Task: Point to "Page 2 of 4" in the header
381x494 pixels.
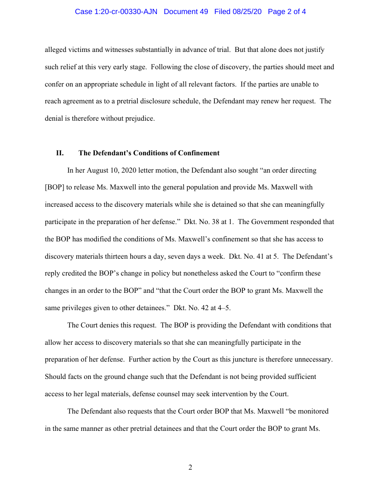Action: [287, 12]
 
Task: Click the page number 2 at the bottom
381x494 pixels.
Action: [190, 467]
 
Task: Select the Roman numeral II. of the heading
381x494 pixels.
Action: [60, 153]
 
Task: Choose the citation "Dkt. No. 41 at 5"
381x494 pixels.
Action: [254, 256]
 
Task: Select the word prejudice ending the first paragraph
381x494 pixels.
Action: [139, 118]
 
